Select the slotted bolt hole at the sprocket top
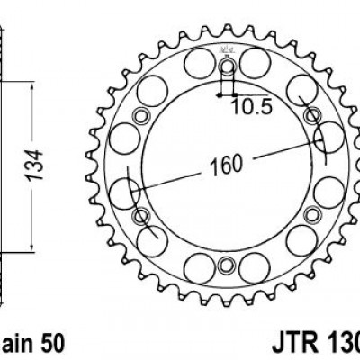[227, 70]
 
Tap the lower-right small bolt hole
[311, 215]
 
